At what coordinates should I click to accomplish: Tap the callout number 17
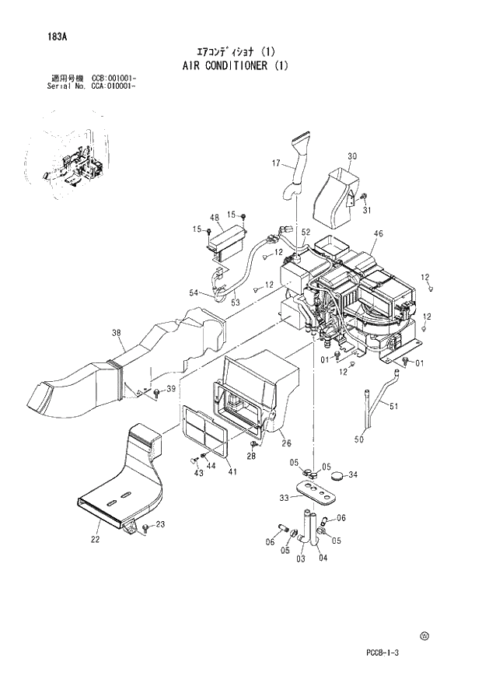click(x=275, y=163)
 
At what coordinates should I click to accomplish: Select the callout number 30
click(x=351, y=156)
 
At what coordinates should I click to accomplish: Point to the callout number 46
click(x=378, y=233)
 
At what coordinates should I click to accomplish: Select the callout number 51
click(x=393, y=405)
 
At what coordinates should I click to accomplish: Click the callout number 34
click(x=352, y=474)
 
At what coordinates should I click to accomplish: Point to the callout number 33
click(x=284, y=498)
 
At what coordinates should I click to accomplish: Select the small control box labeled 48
click(x=226, y=238)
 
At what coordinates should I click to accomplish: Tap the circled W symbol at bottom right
click(x=424, y=635)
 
